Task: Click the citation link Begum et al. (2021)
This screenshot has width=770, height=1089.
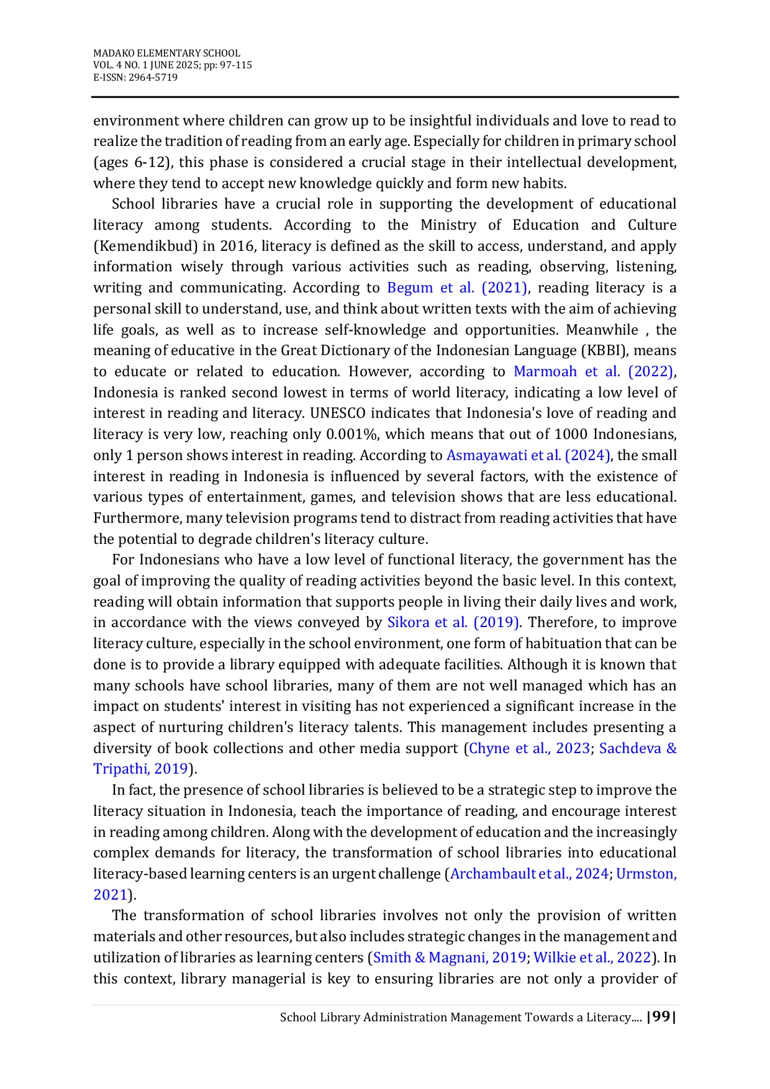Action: (458, 288)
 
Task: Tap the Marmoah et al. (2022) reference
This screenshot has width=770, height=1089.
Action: (594, 372)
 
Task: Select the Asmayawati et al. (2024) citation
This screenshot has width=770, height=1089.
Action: (528, 456)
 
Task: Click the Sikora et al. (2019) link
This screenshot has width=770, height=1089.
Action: (453, 623)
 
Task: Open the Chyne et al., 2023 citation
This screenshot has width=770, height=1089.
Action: (529, 749)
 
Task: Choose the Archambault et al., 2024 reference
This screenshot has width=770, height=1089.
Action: (529, 874)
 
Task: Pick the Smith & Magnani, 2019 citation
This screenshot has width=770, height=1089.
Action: (450, 958)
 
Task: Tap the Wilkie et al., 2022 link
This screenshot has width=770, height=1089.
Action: (592, 958)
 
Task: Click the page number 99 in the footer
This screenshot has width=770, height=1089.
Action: (661, 1017)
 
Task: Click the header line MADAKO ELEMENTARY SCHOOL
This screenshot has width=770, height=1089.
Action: (166, 53)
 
